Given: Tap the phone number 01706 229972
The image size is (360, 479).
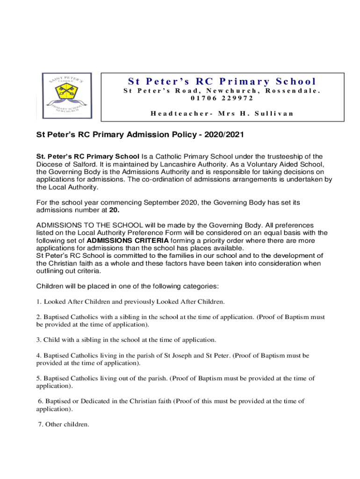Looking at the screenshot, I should [222, 98].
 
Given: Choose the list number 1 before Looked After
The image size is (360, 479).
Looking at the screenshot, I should [38, 302].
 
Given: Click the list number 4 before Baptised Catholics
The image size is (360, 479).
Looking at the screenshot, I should [38, 356].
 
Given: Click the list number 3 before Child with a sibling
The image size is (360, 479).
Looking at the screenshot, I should [38, 340].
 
